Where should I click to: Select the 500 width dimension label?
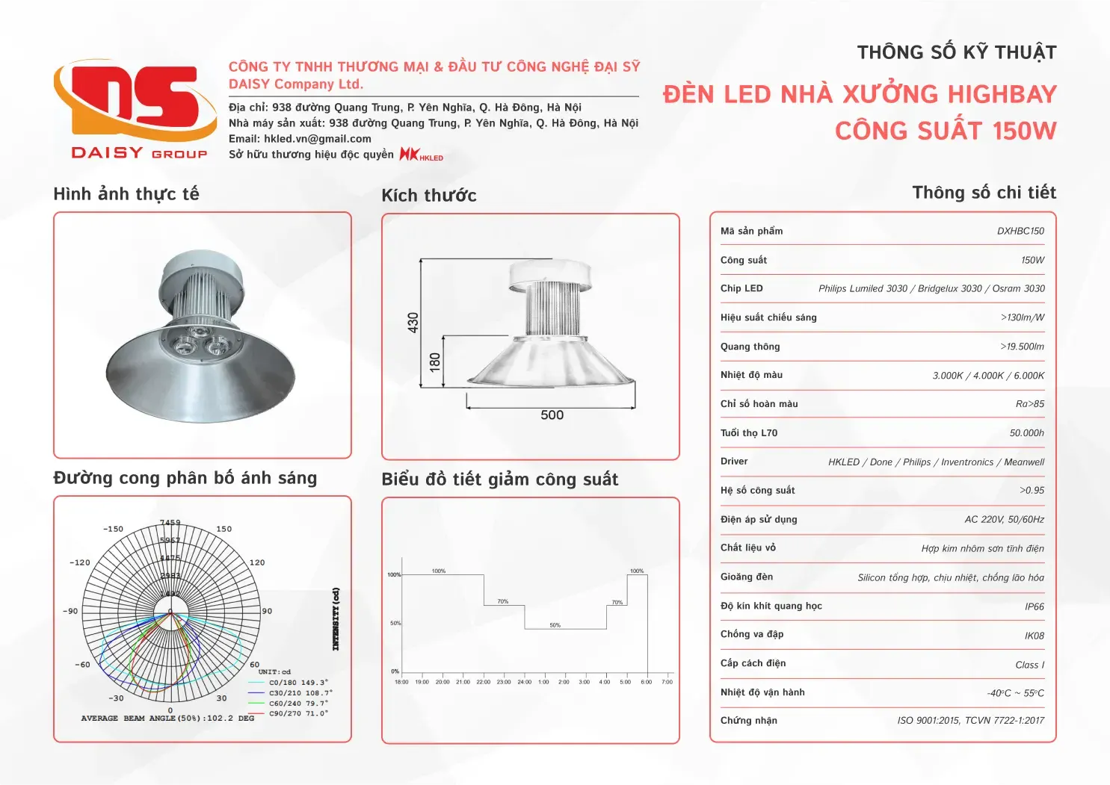point(552,415)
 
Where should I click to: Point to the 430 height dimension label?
point(413,323)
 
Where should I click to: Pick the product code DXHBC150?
point(1020,232)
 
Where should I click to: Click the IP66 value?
point(1035,606)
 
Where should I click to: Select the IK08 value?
point(1035,636)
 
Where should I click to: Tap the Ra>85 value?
point(1030,404)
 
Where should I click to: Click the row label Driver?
point(734,462)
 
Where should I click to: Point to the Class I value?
point(1029,665)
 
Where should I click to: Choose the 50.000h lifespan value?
point(1026,433)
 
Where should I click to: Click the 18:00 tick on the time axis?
point(401,682)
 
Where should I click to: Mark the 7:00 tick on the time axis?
point(667,682)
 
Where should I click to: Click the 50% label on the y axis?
point(395,623)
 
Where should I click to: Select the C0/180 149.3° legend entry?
point(298,683)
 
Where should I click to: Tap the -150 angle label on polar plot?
point(113,529)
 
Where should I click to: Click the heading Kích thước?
point(429,196)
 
